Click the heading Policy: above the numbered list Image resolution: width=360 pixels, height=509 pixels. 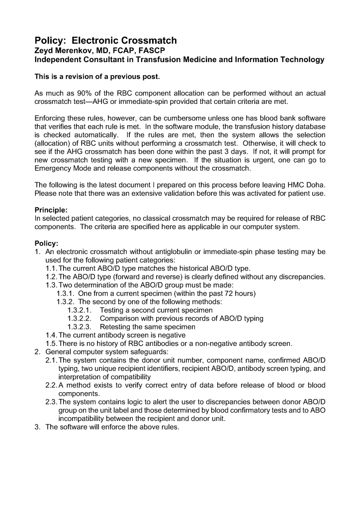pyautogui.click(x=46, y=243)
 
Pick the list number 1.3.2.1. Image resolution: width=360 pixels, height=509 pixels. pyautogui.click(x=80, y=310)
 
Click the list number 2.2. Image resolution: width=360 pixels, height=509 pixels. pyautogui.click(x=52, y=385)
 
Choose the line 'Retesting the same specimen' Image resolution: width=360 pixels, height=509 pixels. pyautogui.click(x=148, y=327)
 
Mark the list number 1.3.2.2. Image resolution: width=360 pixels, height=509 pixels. pyautogui.click(x=80, y=319)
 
